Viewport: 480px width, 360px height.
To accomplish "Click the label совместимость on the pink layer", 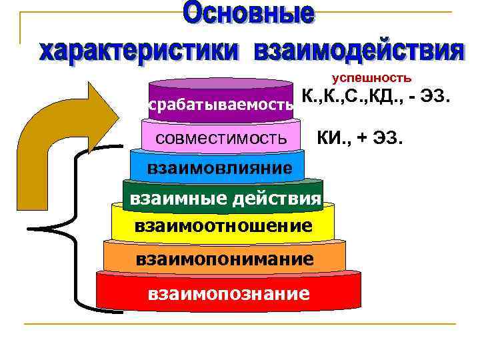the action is (221, 139).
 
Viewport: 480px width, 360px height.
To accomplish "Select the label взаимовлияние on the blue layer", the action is (220, 167).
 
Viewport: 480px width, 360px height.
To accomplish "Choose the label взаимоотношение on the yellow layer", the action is (223, 226).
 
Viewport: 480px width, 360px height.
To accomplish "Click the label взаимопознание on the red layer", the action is (229, 292).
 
